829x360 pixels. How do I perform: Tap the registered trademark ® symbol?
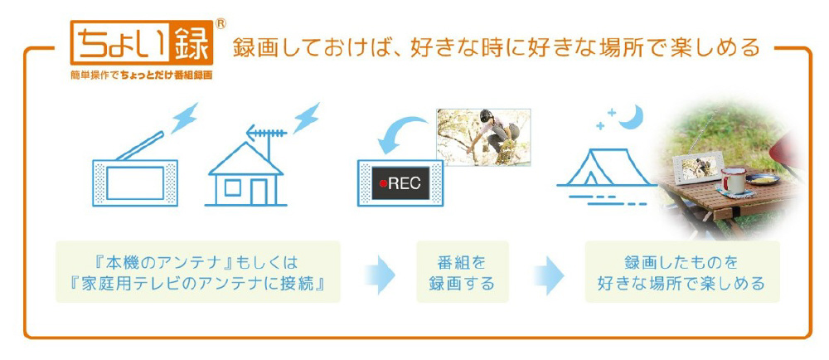(220, 23)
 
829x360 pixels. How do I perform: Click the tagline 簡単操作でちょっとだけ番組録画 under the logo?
(142, 75)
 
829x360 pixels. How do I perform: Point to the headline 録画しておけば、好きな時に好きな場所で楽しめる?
(496, 46)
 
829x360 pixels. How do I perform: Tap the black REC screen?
(401, 183)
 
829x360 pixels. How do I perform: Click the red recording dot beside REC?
(383, 183)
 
